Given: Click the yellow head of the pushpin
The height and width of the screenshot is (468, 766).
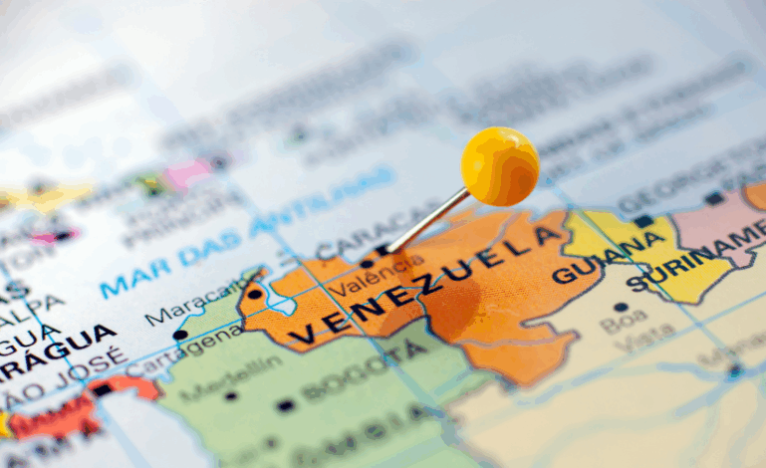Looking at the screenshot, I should pyautogui.click(x=499, y=166).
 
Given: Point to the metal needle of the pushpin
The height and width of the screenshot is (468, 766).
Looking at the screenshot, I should pyautogui.click(x=429, y=218).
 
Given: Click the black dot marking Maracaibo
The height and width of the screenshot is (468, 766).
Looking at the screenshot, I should pyautogui.click(x=255, y=294).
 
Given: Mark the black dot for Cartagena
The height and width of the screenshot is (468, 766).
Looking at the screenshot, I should pyautogui.click(x=180, y=336).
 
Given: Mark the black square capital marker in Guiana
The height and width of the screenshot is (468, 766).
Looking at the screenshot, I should pyautogui.click(x=643, y=221).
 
